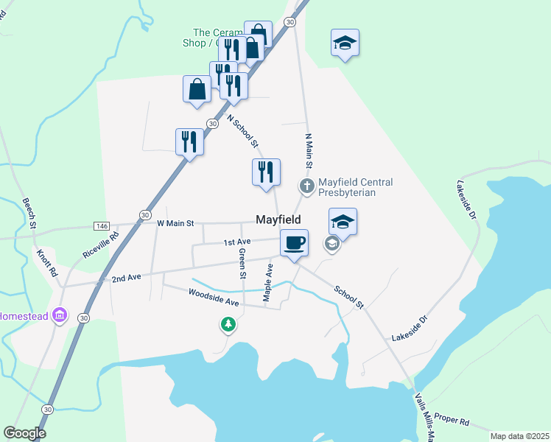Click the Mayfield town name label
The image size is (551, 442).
[x=278, y=220]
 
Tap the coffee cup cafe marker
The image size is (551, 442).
[x=294, y=243]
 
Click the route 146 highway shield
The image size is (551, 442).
[x=102, y=225]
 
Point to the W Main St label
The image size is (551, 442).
[x=175, y=222]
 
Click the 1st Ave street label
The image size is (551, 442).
[x=238, y=242]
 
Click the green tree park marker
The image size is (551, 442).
[x=229, y=324]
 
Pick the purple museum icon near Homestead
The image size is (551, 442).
[x=60, y=315]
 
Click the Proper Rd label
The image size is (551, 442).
[x=451, y=420]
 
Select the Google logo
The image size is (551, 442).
[x=24, y=433]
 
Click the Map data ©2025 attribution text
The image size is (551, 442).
[x=519, y=436]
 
